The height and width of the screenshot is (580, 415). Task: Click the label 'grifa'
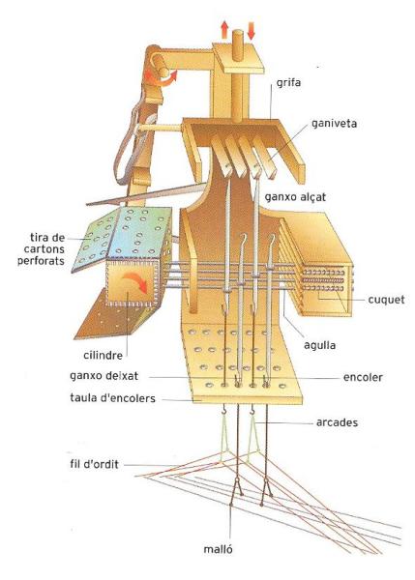288,83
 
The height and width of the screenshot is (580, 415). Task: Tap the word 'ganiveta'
335,123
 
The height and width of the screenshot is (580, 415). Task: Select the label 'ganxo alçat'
295,197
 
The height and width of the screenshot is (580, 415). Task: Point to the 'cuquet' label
386,300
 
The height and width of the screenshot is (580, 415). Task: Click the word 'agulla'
320,345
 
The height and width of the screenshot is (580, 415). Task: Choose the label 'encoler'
363,378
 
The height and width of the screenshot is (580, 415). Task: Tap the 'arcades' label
337,422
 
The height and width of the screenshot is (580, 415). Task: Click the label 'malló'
218,549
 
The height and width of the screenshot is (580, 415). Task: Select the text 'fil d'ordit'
94,464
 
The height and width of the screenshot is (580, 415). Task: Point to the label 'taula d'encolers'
112,398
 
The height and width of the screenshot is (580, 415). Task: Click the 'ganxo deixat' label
104,376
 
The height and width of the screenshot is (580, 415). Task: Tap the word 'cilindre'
103,356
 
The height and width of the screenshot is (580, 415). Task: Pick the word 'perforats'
41,261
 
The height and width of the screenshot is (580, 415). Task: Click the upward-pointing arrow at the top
224,30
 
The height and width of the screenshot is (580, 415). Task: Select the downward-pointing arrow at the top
251,31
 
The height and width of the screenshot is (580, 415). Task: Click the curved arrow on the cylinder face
135,280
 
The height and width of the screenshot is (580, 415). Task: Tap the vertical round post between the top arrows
237,75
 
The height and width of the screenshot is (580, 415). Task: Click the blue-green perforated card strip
122,237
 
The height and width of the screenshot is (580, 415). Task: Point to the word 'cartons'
44,249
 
